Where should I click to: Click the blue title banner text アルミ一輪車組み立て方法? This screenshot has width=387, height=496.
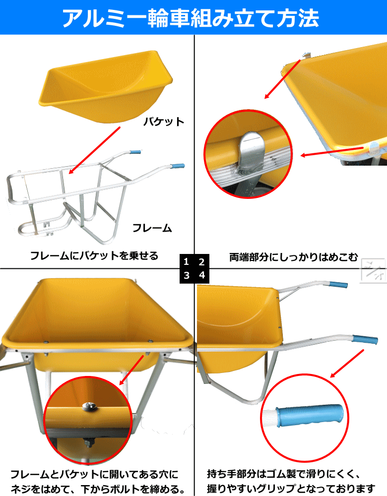191,18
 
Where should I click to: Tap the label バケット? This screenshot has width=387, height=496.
164,122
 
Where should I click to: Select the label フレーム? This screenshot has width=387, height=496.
152,228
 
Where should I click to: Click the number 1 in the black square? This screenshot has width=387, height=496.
186,261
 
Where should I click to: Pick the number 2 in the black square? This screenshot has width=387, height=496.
201,261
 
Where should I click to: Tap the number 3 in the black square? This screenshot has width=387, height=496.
187,275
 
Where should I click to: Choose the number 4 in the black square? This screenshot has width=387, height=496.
202,275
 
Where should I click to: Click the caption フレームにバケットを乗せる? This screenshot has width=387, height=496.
94,255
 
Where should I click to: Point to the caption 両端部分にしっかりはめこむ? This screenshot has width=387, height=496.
293,257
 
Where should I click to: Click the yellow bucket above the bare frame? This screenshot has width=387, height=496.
106,85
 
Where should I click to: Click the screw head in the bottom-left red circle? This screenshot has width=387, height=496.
87,406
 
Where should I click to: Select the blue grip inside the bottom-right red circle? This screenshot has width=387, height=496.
310,415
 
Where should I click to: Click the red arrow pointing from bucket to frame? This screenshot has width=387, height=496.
95,150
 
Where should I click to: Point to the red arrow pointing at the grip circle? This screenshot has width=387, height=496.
347,364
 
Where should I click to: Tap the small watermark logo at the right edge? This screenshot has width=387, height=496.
374,270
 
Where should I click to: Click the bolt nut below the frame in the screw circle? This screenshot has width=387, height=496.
88,442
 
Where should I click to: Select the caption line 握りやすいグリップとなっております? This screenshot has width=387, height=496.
291,488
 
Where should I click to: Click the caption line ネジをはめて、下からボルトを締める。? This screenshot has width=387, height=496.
98,489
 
